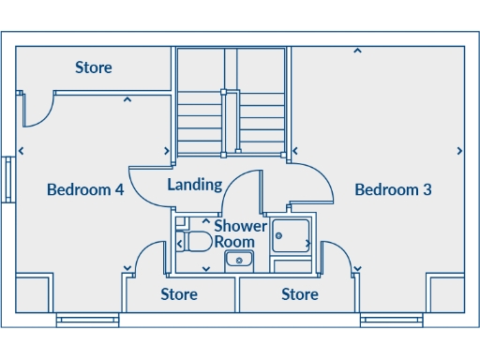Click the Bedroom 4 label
(x=85, y=189)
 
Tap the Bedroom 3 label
(x=393, y=189)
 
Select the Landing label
(x=194, y=185)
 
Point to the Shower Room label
(x=240, y=233)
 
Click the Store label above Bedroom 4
(x=94, y=67)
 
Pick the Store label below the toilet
(x=179, y=294)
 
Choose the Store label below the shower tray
(x=300, y=294)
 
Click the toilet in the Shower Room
(x=196, y=241)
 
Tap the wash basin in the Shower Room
(x=241, y=259)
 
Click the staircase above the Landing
(x=231, y=103)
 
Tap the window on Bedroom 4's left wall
(x=8, y=179)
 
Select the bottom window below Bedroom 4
(x=87, y=321)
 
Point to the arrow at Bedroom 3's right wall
(x=459, y=151)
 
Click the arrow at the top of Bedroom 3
(x=356, y=52)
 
